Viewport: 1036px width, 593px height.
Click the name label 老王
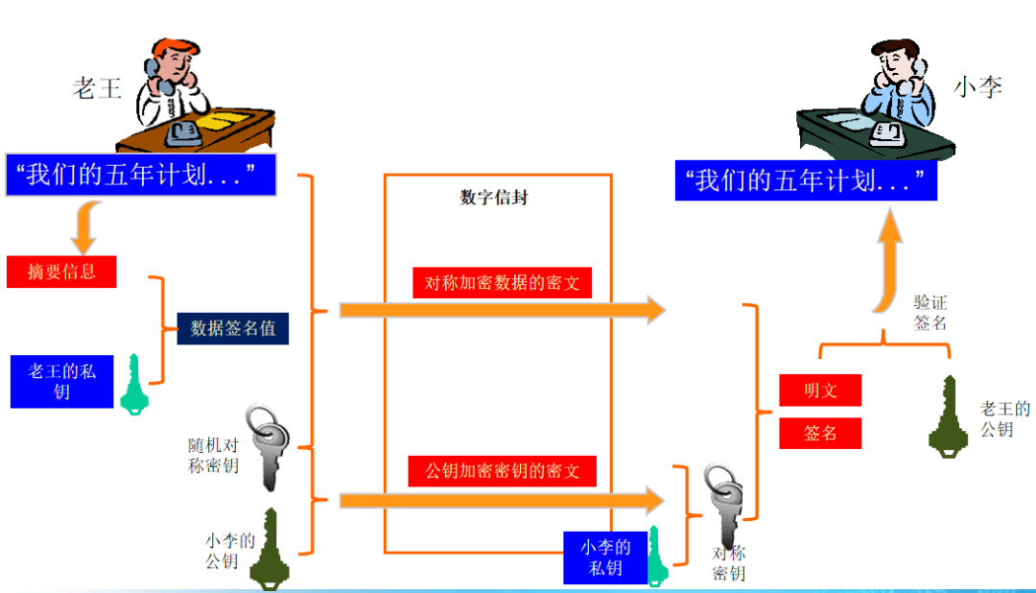(97, 89)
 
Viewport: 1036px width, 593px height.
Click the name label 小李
(977, 86)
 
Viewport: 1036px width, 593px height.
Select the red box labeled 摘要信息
(61, 272)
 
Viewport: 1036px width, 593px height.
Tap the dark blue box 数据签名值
(233, 328)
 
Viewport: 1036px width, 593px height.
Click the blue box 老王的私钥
(62, 380)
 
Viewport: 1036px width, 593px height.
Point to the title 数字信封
(494, 199)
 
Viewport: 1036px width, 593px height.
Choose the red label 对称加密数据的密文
(502, 283)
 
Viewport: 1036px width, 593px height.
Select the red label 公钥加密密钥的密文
(502, 471)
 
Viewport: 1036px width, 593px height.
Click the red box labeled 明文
(820, 391)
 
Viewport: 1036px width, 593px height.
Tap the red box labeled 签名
(820, 433)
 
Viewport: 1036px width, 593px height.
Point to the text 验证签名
(930, 313)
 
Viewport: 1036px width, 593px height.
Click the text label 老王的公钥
(1004, 419)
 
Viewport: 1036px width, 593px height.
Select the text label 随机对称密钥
(213, 456)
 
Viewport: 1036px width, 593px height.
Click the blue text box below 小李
(805, 180)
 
